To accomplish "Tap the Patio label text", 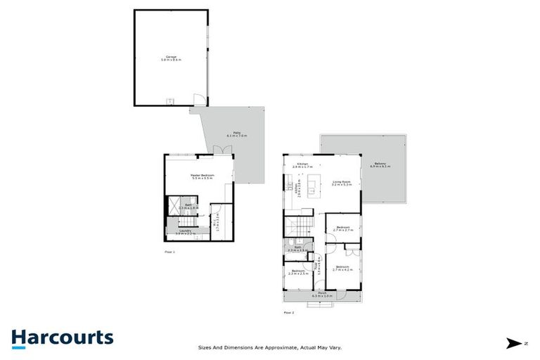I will [x=230, y=134].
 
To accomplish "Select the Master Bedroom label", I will [x=202, y=177].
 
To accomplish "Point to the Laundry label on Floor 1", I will [x=185, y=231].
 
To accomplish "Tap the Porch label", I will [x=322, y=295].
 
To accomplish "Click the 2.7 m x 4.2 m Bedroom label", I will [x=343, y=269].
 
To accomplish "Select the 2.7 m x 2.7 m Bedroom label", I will [x=343, y=229].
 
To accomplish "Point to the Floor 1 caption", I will [x=169, y=250].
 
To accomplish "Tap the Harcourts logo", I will [x=62, y=337].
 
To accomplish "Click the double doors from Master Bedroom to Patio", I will [x=222, y=149].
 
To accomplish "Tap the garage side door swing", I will [x=200, y=99].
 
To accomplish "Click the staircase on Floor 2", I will [x=296, y=227].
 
